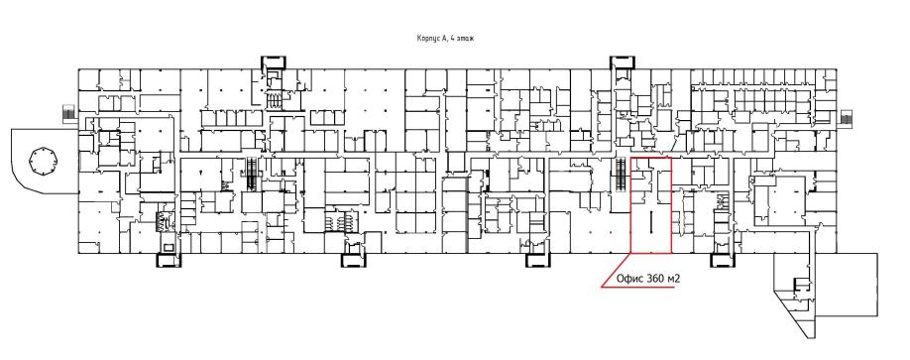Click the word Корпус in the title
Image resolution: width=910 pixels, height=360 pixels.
pos(427,39)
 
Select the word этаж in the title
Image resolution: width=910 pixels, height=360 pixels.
pos(463,39)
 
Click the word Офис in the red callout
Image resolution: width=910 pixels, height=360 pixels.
pos(629,279)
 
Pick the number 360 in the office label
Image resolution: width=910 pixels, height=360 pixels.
pos(654,279)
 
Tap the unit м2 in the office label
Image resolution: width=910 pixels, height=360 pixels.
pos(674,279)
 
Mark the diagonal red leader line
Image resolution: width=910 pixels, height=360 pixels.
pos(617,270)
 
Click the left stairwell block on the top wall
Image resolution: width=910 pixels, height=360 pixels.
pos(274,62)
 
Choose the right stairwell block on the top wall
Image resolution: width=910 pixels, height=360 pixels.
pos(622,62)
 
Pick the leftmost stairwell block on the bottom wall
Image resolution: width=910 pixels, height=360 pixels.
pos(169,260)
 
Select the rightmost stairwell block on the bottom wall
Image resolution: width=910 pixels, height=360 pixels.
pos(723,260)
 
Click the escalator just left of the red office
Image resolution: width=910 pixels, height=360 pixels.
pos(621,175)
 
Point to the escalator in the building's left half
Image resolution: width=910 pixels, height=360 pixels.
pos(252,173)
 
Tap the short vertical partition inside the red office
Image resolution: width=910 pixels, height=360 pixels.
pos(650,221)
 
